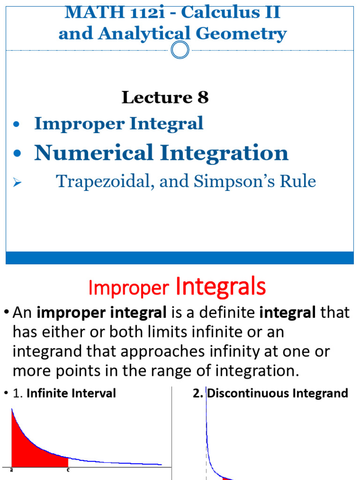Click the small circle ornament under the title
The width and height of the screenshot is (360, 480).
(x=180, y=50)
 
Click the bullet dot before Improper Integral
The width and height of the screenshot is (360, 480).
(x=17, y=125)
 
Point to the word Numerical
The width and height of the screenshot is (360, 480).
(x=94, y=153)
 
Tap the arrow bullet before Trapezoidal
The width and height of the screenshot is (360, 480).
(x=17, y=182)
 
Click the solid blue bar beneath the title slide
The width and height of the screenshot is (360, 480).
(x=180, y=257)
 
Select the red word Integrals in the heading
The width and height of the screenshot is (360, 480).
(x=221, y=286)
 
